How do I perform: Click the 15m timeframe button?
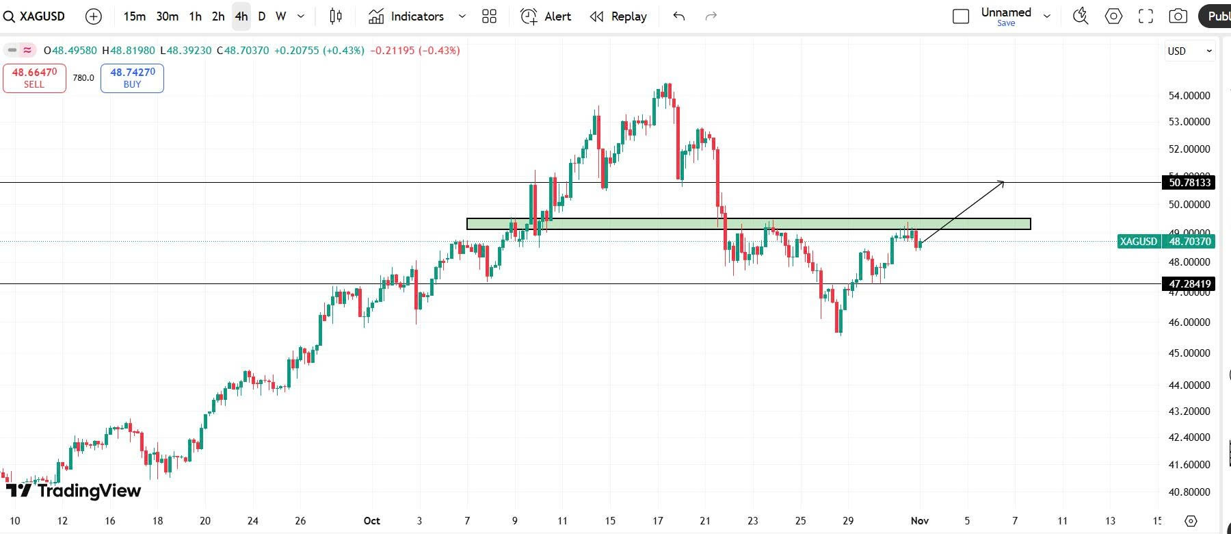[134, 16]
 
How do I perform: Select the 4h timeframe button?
[241, 16]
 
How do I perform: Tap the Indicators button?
[407, 16]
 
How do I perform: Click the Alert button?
[546, 16]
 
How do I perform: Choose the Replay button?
[618, 16]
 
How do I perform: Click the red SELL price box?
[34, 78]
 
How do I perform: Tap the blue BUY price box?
[132, 78]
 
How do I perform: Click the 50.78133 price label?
[1189, 182]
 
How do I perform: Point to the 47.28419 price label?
[1189, 283]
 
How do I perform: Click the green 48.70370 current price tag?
[1189, 241]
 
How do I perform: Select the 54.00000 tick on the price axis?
[1189, 96]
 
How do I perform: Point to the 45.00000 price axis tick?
[1189, 353]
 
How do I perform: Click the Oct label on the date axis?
[371, 520]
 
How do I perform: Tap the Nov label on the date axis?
[919, 520]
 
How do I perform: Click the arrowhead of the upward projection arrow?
[1002, 182]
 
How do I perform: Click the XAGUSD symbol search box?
[34, 16]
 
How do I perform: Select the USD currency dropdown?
[1189, 51]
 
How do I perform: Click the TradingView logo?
[74, 490]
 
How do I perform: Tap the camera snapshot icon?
[1178, 16]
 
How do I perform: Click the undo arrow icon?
[678, 16]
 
